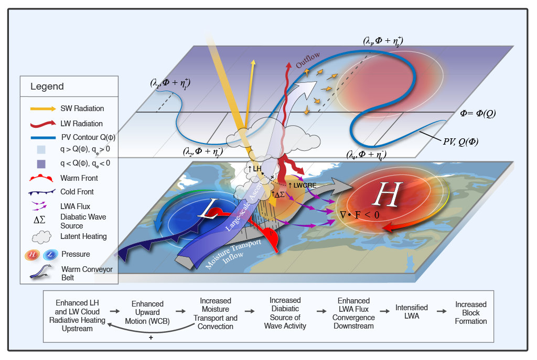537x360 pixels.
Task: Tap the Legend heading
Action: click(47, 86)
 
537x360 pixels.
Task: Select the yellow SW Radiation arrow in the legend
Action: click(42, 108)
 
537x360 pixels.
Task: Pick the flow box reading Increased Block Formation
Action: click(470, 313)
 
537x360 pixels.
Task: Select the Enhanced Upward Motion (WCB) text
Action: click(147, 313)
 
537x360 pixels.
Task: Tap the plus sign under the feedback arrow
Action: click(151, 338)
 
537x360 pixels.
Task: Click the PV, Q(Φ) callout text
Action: click(459, 141)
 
